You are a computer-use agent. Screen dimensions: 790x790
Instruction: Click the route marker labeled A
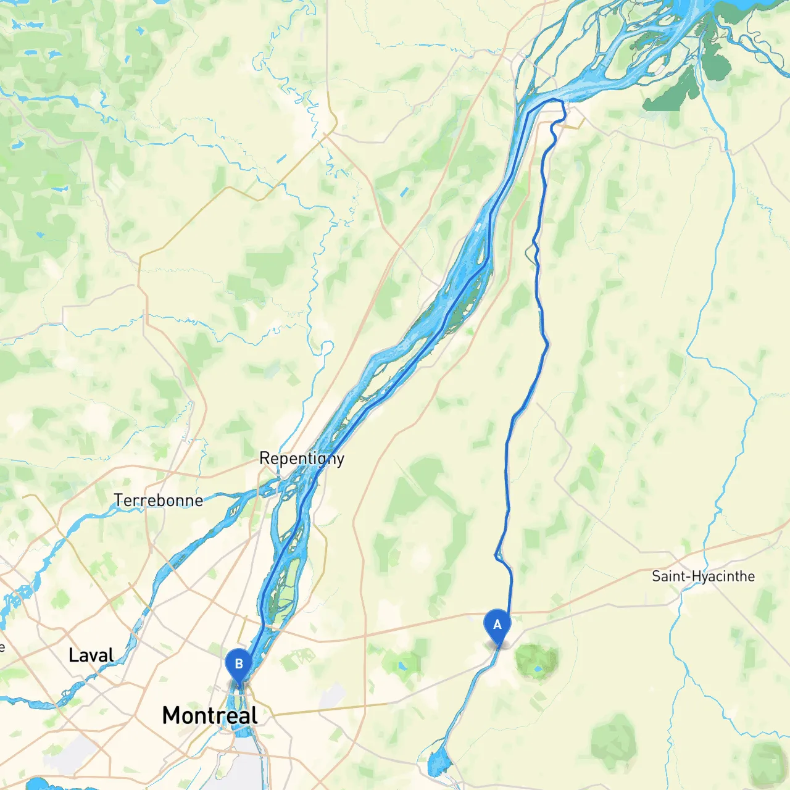coord(497,625)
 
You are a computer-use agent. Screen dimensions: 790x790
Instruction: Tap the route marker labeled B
coord(238,665)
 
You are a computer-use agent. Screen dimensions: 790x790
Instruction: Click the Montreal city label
coord(210,715)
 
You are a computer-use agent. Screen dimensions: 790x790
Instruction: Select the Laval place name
coord(91,655)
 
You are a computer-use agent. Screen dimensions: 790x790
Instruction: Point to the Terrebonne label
coord(158,500)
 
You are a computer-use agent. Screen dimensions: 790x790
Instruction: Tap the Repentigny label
coord(301,459)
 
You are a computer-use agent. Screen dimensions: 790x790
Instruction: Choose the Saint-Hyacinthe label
coord(703,576)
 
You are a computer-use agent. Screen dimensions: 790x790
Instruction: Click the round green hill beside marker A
coord(536,662)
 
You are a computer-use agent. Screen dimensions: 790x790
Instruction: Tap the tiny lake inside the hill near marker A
coord(538,668)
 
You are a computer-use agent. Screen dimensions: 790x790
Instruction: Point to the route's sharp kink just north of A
coord(497,556)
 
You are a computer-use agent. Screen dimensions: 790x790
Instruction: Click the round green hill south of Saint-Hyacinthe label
coord(614,738)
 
